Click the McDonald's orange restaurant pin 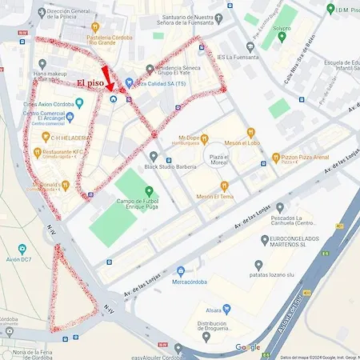pos(66,186)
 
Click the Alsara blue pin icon pos(226,308)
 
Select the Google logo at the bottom pos(247,347)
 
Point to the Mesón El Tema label pos(215,197)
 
